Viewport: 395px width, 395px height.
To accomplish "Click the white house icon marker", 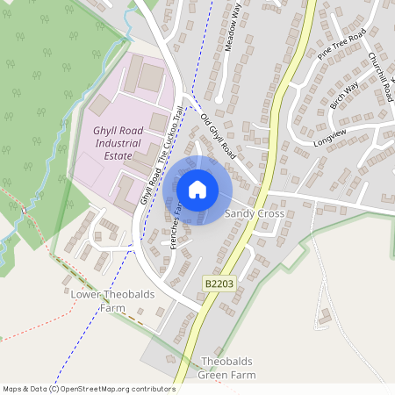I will [x=197, y=190].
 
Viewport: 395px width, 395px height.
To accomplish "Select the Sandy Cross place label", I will [x=255, y=213].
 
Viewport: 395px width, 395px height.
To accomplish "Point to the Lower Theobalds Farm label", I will [x=111, y=301].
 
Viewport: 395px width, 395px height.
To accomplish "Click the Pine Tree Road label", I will [x=341, y=46].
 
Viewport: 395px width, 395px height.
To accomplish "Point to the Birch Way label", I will [x=344, y=96].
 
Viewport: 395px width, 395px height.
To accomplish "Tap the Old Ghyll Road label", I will [x=219, y=135].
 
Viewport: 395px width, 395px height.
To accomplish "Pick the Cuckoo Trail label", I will [x=170, y=133].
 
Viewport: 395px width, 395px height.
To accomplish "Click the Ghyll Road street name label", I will [x=147, y=188].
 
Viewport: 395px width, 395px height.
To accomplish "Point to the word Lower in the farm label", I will [x=87, y=295].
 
